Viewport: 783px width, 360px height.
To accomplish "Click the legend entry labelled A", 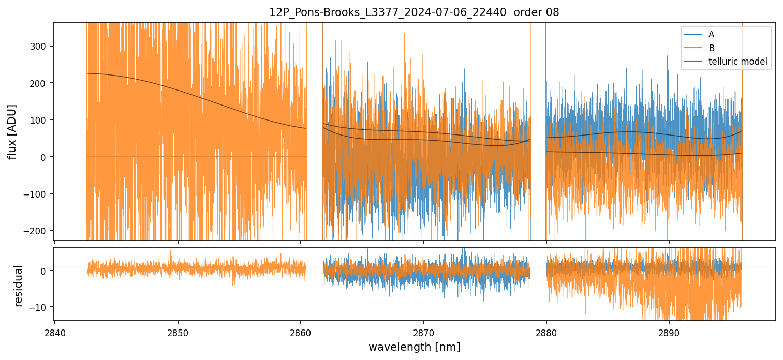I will click(711, 34).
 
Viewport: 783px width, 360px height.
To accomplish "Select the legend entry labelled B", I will click(711, 48).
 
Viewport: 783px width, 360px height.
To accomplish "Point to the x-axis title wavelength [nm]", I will click(414, 347).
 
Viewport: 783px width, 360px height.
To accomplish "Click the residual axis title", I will click(19, 286).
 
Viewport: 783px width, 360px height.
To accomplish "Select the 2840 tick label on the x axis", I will click(55, 332).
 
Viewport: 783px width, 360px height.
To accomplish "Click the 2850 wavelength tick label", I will click(178, 332).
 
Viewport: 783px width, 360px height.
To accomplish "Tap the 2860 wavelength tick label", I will click(301, 332).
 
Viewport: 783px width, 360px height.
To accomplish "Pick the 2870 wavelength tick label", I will click(423, 332).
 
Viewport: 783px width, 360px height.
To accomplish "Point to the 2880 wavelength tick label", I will click(546, 332).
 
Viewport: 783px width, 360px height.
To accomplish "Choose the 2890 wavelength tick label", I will click(669, 332).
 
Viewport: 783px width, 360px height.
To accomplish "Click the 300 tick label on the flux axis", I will click(39, 46).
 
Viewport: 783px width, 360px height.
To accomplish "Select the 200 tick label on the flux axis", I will click(39, 83).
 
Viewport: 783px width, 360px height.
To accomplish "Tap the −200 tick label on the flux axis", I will click(37, 231).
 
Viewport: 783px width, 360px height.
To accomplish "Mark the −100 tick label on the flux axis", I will click(37, 194).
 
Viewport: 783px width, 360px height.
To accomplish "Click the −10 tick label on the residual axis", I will click(39, 307).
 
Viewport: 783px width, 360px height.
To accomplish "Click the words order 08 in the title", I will click(536, 12).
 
